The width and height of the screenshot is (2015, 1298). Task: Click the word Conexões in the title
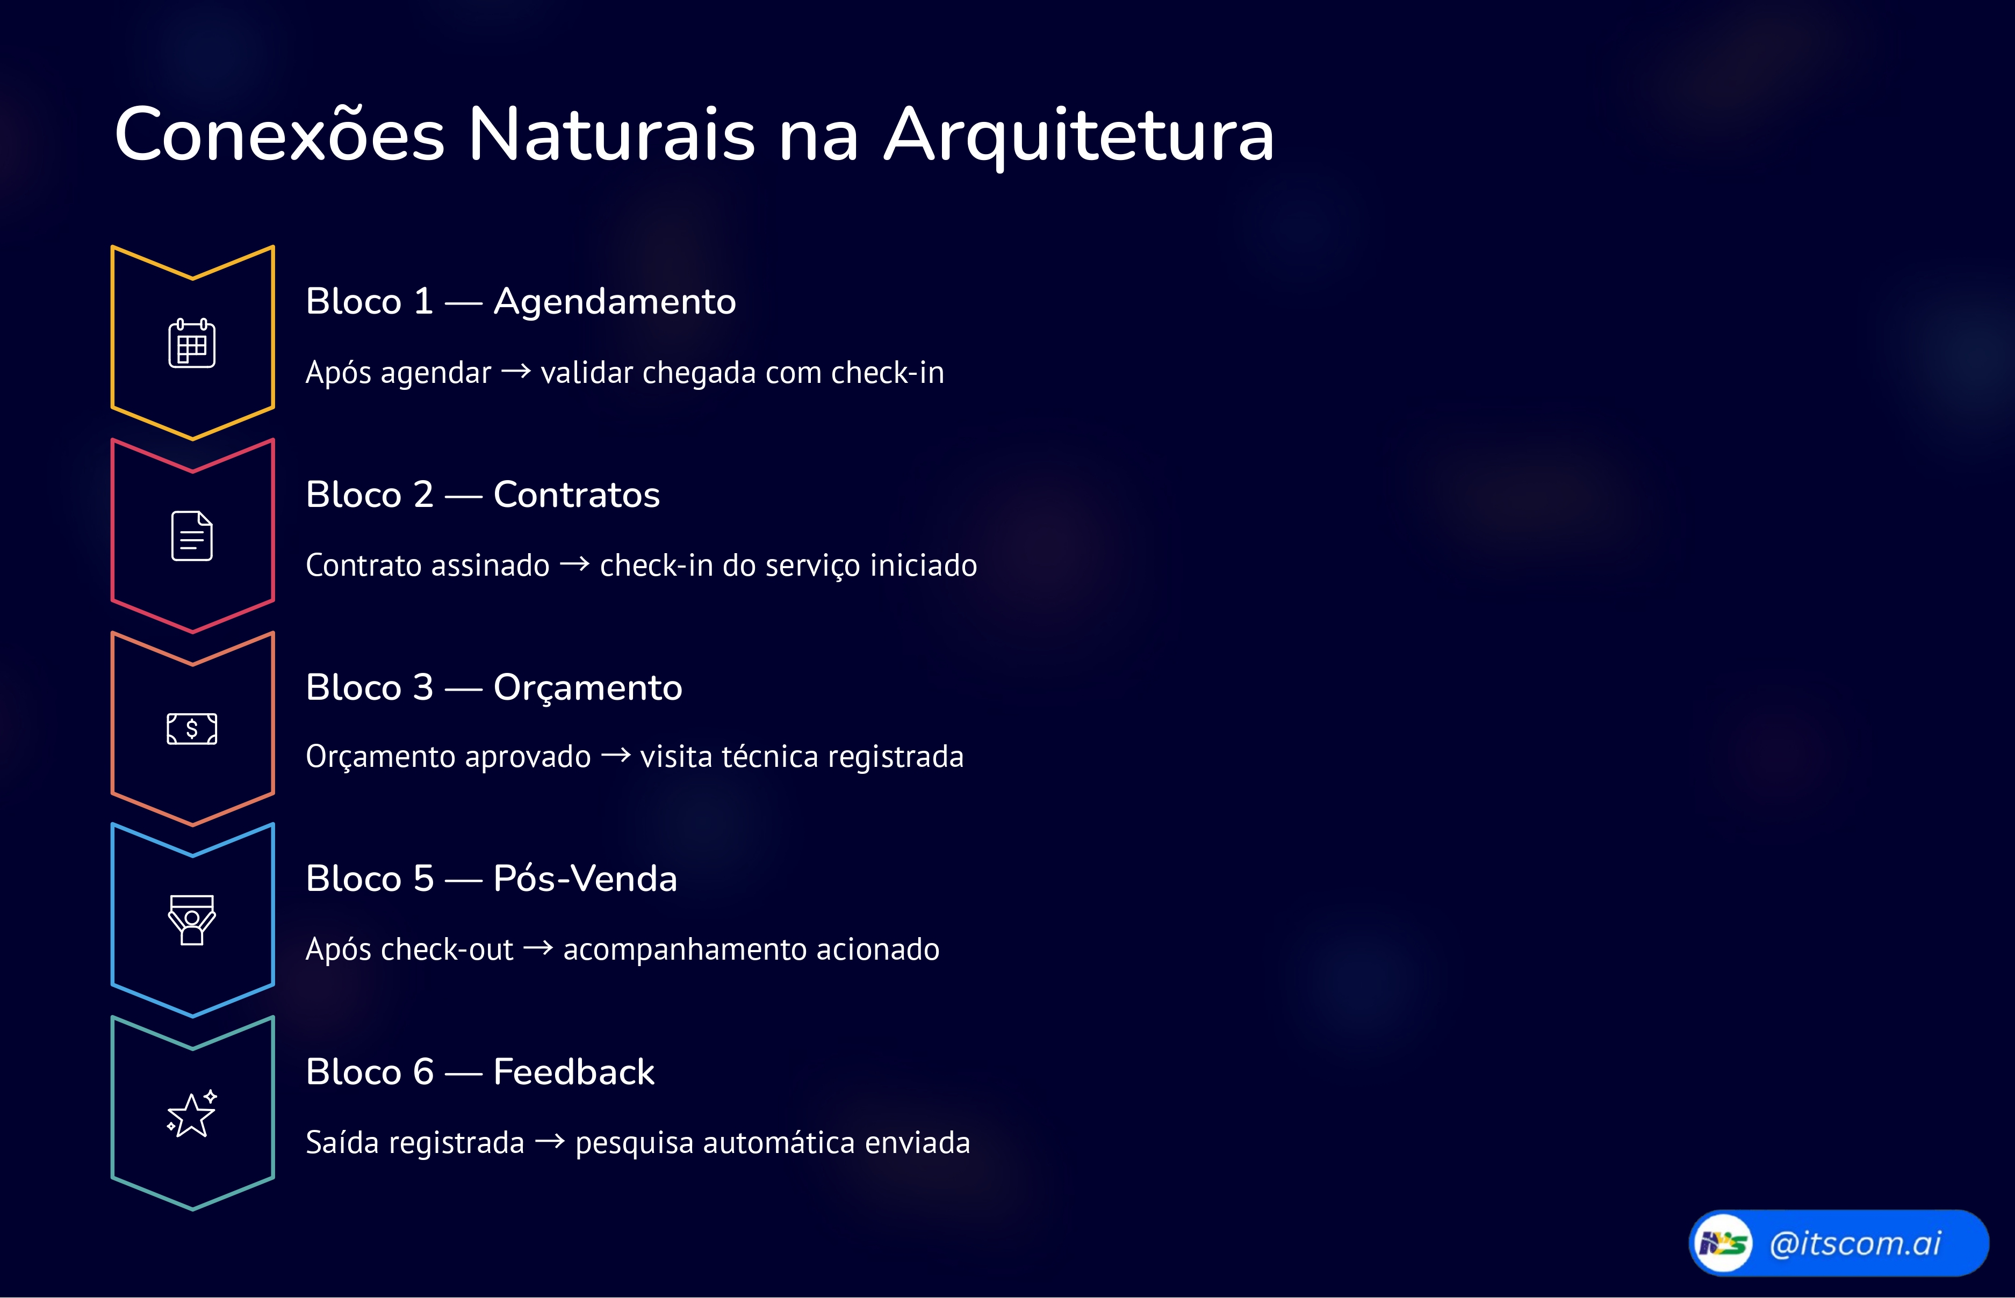(279, 135)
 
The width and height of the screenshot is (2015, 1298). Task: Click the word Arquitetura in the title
(1078, 135)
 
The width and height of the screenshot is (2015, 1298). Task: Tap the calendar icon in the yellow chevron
(192, 343)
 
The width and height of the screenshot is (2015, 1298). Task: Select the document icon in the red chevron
(192, 535)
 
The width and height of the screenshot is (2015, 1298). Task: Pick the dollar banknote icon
(192, 728)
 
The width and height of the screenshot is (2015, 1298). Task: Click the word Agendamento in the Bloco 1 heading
(615, 302)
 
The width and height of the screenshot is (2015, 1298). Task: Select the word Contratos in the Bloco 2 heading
(577, 495)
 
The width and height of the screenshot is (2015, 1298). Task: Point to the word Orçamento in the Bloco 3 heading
(588, 688)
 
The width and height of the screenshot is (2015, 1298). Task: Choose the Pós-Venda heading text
(585, 879)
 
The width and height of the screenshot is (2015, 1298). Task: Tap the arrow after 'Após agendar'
(516, 372)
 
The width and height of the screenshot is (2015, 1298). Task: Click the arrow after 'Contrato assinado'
(574, 564)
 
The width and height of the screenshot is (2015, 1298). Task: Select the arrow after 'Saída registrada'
(550, 1142)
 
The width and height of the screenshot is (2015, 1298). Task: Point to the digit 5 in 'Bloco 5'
(423, 879)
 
